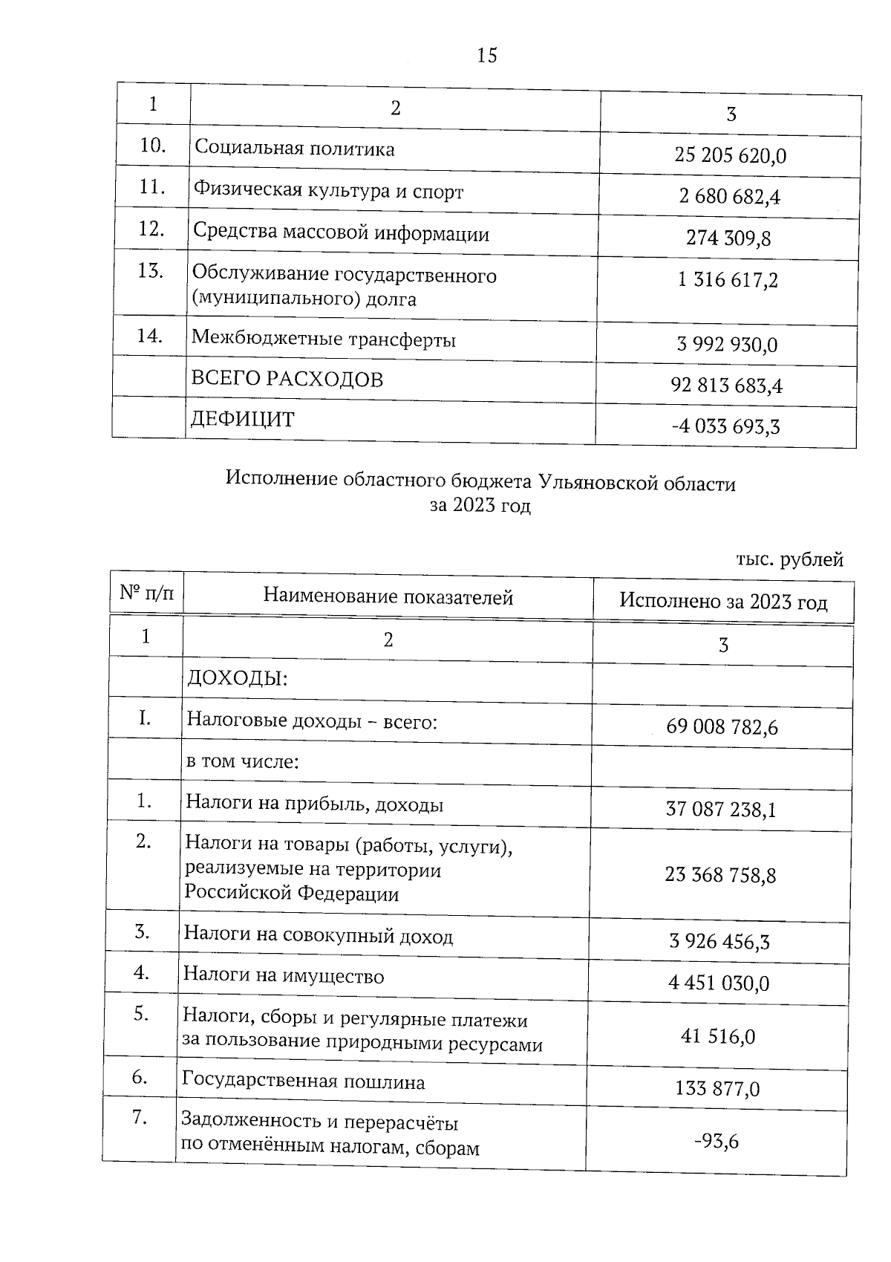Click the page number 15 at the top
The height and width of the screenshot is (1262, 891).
coord(487,56)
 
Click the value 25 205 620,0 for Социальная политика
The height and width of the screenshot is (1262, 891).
coord(730,156)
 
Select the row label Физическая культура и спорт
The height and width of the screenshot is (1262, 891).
coord(328,192)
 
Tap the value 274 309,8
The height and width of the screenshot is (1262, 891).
coord(728,238)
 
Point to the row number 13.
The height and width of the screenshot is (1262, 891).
coord(151,270)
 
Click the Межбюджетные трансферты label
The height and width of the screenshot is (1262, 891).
coord(324,339)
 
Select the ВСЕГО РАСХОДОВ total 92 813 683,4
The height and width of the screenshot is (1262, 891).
coord(726,386)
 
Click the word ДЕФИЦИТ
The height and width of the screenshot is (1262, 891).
coord(242,420)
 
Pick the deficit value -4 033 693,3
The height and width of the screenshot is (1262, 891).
coord(725,427)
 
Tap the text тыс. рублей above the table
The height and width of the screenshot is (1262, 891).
coord(789,559)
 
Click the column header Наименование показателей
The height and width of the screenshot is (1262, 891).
coord(388,596)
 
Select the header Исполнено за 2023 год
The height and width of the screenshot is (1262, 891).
coord(723,602)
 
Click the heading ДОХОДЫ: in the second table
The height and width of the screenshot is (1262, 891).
coord(237,678)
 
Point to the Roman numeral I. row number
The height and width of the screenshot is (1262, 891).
coord(145,718)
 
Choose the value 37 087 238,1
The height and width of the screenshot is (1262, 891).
coord(721,809)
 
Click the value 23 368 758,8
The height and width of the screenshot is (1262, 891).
coord(720,875)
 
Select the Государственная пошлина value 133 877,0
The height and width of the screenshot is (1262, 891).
coord(717,1089)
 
